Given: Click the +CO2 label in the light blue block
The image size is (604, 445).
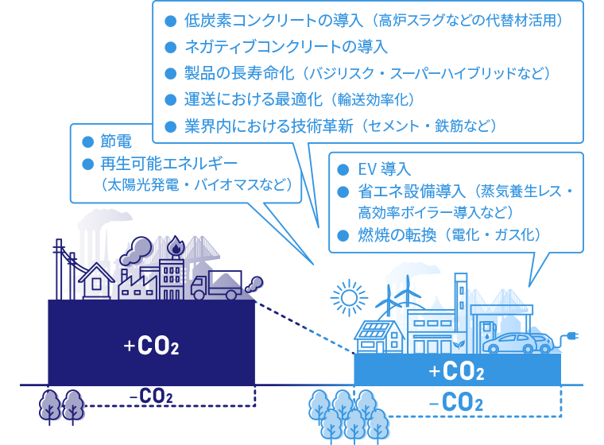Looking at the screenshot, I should [456, 370].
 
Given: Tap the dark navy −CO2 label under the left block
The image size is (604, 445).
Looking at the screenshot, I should [151, 396].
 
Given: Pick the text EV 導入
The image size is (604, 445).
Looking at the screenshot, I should [384, 169].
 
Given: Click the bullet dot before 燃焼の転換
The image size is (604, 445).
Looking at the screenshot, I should [343, 234].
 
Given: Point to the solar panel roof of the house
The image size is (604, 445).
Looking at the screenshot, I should [374, 330].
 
